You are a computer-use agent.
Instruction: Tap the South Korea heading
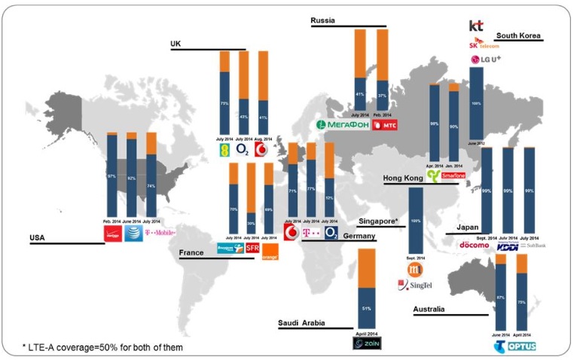(519, 35)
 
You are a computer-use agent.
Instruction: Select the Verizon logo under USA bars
(112, 234)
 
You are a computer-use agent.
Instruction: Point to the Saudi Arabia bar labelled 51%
(367, 290)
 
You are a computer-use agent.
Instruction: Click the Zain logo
(367, 344)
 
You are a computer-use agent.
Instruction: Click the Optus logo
(521, 346)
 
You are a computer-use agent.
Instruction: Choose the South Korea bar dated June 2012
(476, 103)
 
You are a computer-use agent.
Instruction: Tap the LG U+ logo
(486, 59)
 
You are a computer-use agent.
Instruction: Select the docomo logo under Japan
(475, 246)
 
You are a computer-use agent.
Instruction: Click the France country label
(192, 254)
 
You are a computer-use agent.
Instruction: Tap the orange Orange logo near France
(270, 252)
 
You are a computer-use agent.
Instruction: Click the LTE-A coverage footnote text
(102, 346)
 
